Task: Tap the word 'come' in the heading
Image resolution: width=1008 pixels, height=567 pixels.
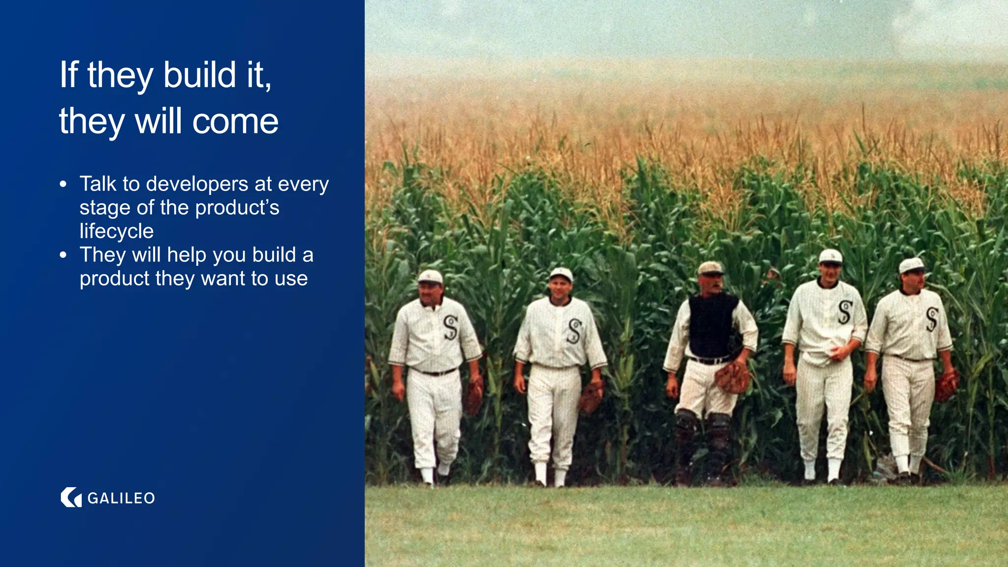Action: point(235,121)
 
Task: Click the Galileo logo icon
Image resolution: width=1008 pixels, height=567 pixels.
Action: point(71,498)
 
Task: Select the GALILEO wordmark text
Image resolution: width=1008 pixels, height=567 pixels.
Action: point(121,498)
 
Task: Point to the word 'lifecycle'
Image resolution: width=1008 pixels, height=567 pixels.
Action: point(117,231)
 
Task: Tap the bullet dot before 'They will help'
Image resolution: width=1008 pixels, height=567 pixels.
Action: point(63,255)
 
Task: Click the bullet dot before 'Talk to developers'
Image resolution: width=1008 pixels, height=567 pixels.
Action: point(63,184)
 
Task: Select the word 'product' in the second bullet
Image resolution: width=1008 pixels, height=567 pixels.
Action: point(114,279)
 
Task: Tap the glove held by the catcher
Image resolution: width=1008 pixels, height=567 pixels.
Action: point(732,378)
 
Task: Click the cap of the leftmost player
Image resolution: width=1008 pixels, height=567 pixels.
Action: point(430,277)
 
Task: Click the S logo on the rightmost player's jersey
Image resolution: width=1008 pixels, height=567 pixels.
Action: point(932,319)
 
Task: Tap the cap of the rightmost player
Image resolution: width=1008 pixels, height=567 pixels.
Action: point(912,265)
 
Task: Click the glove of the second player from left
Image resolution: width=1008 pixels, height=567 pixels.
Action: point(591,397)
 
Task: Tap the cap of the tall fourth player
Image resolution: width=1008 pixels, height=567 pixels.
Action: point(830,256)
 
